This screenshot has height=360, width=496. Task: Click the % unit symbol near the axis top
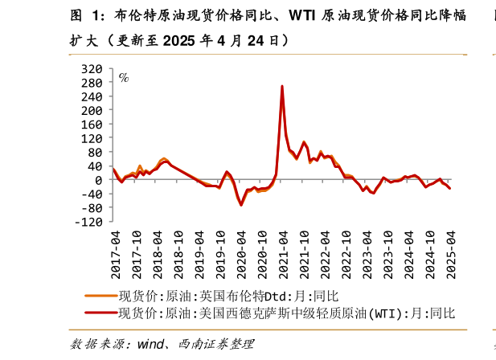pos(124,78)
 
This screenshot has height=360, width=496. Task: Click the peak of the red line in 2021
pos(282,86)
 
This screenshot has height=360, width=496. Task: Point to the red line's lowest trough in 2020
pos(240,205)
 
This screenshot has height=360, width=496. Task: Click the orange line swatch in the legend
pos(100,296)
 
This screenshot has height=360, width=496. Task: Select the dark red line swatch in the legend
pos(100,313)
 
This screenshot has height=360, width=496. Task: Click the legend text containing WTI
pos(286,313)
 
